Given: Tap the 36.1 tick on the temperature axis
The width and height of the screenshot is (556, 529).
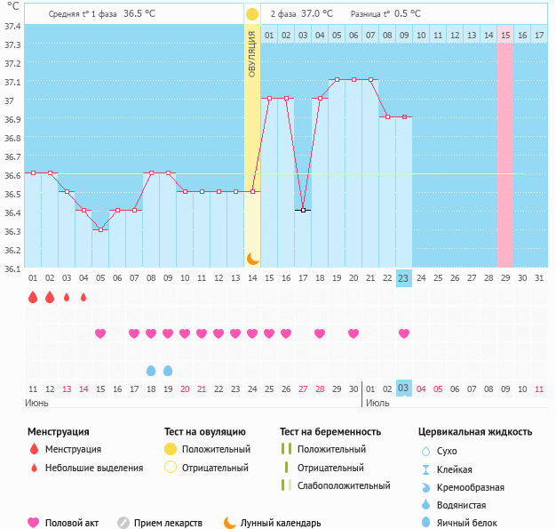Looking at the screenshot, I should click(12, 268).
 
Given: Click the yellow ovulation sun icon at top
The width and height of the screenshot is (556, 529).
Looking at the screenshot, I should click(252, 14).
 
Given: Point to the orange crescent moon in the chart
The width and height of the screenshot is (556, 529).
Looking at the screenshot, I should click(252, 258).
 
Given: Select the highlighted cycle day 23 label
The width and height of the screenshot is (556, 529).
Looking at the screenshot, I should click(403, 278).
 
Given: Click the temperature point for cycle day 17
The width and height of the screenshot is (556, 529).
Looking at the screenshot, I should click(303, 210).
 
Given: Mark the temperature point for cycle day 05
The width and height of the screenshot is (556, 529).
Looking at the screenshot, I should click(100, 229).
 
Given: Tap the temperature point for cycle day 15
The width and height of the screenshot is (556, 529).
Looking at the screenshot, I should click(269, 98).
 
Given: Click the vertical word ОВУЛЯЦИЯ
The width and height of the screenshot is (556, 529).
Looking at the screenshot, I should click(252, 53).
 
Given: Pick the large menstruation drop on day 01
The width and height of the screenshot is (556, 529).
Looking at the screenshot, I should click(33, 298).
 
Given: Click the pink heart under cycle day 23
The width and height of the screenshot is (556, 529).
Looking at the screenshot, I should click(404, 333).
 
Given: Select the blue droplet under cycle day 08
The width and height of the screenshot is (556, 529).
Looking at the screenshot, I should click(151, 370).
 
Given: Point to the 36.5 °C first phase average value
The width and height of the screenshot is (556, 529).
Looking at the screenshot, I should click(139, 14).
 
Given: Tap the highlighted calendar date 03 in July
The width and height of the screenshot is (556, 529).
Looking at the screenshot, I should click(403, 389).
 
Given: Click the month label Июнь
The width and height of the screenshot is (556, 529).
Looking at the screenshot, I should click(37, 403).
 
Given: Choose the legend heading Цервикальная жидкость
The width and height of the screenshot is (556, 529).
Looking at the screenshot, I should click(475, 431).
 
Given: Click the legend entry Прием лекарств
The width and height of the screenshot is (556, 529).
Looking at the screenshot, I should click(168, 523).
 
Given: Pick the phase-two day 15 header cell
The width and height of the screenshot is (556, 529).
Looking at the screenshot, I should click(504, 35).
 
